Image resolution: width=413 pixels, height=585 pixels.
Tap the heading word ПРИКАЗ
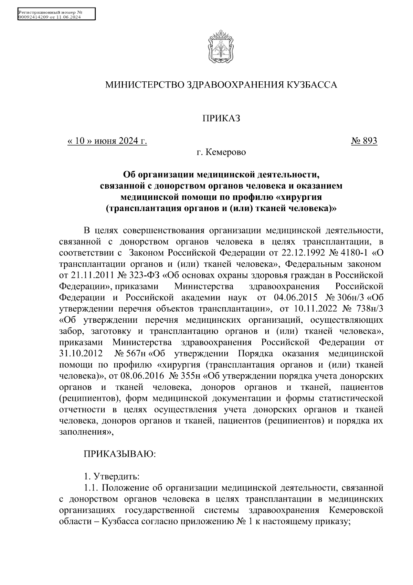221,119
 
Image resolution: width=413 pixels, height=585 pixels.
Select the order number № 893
364,141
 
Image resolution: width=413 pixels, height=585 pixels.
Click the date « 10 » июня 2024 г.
107,141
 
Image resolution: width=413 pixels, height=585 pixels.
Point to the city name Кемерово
226,152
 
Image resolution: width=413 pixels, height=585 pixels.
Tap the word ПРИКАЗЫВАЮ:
120,454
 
